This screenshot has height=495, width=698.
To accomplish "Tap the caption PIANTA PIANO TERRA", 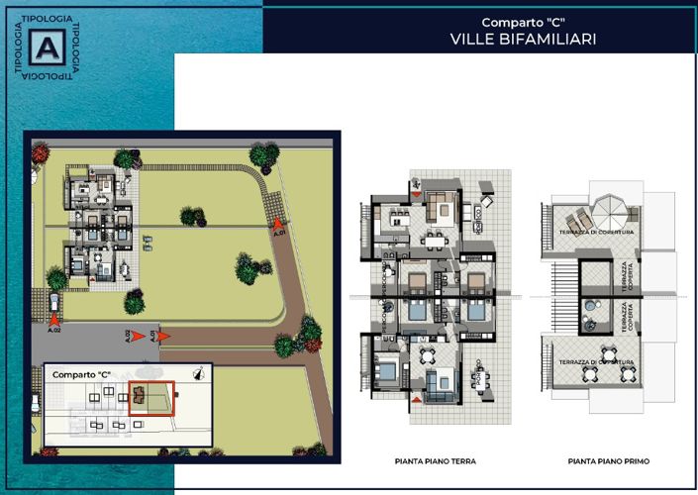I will (435, 461).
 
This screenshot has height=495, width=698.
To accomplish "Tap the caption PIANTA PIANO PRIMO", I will (609, 461).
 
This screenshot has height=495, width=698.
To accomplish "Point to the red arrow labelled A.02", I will (54, 320).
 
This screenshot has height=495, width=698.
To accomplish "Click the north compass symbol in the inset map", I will (200, 373).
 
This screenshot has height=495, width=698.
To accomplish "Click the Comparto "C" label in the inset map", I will (81, 375).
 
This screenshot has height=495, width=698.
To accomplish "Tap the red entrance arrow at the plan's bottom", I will (418, 399).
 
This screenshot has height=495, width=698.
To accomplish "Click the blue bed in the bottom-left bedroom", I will (389, 373).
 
